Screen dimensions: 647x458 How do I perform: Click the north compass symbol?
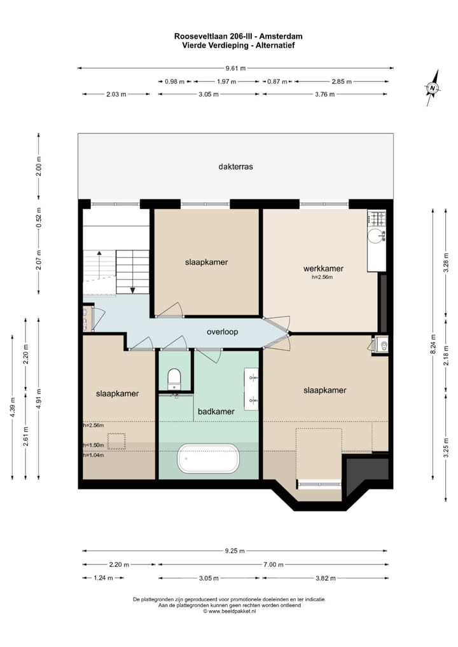click(433, 88)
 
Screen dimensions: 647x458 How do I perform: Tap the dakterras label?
click(235, 167)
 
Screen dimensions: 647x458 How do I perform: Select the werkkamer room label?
click(323, 268)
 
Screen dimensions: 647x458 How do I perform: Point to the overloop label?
click(222, 332)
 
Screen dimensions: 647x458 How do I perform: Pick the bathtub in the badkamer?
click(209, 458)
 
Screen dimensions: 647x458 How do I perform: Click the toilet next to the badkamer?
click(174, 380)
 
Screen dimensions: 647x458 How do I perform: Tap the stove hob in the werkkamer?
click(378, 219)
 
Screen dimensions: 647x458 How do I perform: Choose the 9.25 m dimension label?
click(235, 551)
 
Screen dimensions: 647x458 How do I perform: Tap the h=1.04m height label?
click(93, 455)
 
